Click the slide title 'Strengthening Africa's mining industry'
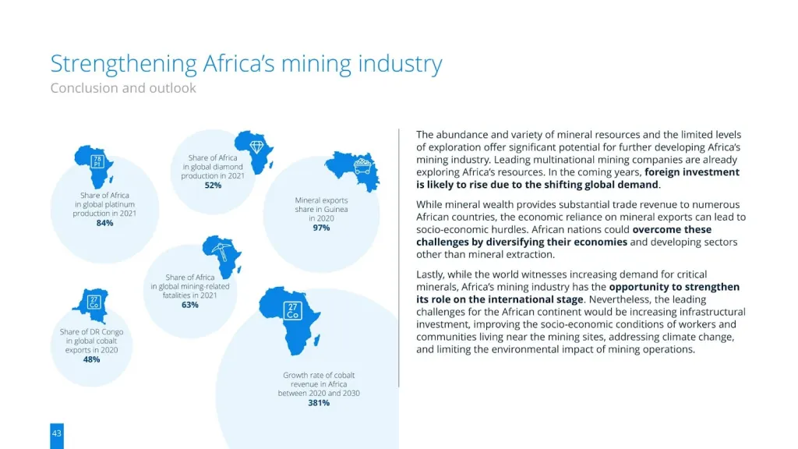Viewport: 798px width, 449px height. click(246, 64)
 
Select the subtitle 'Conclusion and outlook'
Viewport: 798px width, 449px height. click(123, 88)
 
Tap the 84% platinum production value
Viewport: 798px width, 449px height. click(104, 223)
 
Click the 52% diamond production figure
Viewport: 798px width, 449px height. click(213, 186)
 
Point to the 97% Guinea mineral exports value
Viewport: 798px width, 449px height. click(321, 228)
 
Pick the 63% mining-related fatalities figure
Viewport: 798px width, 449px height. click(190, 305)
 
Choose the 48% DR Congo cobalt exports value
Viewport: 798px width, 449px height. click(91, 359)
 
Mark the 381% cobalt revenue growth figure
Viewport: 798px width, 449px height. click(319, 403)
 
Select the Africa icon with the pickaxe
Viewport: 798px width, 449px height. click(221, 253)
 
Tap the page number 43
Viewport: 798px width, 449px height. click(57, 433)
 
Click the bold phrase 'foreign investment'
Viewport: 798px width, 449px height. click(692, 172)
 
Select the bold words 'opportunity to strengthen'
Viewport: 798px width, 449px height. click(674, 287)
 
